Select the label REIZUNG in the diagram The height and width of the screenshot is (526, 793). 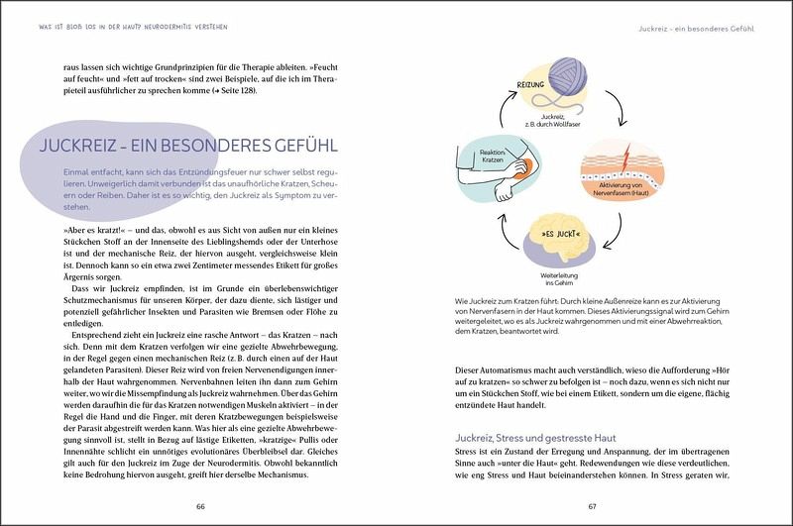pyautogui.click(x=532, y=86)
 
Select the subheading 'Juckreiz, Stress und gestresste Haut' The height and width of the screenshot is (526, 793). pyautogui.click(x=536, y=437)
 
